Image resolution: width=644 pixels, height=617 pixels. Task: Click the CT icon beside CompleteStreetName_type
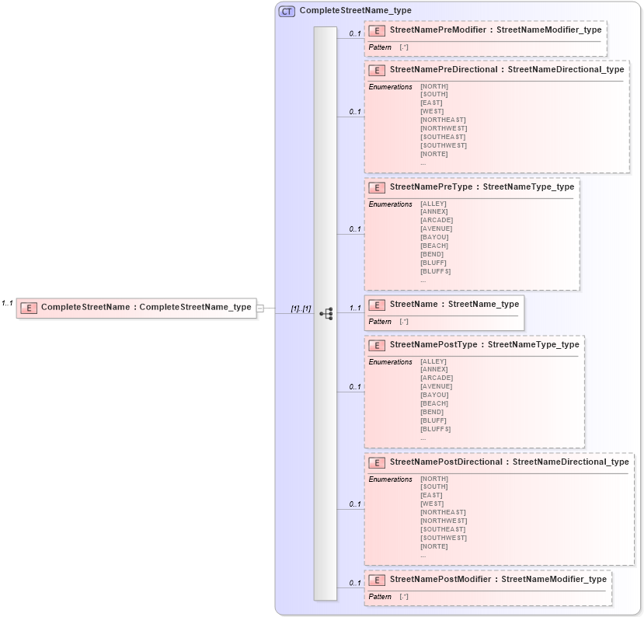(x=287, y=11)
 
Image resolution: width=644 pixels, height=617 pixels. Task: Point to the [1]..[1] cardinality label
(x=301, y=308)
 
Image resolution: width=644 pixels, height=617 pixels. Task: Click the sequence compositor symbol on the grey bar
(x=326, y=313)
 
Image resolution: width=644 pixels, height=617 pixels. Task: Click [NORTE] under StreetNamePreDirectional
(x=434, y=154)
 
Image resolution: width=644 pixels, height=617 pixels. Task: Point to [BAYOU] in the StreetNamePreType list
(x=434, y=237)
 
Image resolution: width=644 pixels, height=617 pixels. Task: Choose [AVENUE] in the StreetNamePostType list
(x=437, y=386)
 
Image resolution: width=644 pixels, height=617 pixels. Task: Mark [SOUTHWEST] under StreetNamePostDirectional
(x=444, y=538)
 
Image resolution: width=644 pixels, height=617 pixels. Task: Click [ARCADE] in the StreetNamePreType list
(x=437, y=220)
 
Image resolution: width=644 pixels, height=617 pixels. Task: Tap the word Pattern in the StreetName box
(x=380, y=322)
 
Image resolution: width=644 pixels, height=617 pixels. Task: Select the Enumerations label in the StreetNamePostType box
(x=390, y=361)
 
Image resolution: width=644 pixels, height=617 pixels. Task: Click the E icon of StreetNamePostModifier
(x=377, y=580)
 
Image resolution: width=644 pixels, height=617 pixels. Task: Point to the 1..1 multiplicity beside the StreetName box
(x=355, y=308)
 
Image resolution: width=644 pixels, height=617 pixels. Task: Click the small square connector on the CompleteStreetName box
(x=260, y=308)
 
